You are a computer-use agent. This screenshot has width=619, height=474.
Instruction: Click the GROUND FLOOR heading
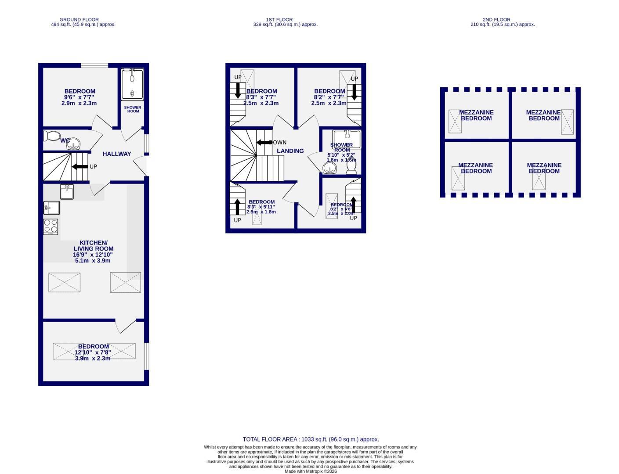pyautogui.click(x=79, y=20)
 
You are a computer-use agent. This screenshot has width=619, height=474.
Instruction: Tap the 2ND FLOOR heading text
pyautogui.click(x=496, y=20)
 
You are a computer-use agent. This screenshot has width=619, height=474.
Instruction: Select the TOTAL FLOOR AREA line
pyautogui.click(x=311, y=439)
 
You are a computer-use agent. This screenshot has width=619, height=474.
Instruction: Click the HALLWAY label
pyautogui.click(x=117, y=154)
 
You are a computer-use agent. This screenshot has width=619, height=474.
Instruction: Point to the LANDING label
pyautogui.click(x=290, y=151)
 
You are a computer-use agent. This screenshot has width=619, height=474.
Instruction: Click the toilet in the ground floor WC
pyautogui.click(x=52, y=136)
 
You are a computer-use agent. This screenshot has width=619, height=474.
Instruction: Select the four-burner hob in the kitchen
pyautogui.click(x=51, y=226)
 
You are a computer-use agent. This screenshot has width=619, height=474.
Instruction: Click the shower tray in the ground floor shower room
pyautogui.click(x=132, y=84)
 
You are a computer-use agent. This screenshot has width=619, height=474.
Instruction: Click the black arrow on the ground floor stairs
pyautogui.click(x=80, y=167)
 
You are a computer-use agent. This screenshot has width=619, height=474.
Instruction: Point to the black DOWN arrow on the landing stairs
pyautogui.click(x=264, y=143)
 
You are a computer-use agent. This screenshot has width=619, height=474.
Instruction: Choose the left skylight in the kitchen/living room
pyautogui.click(x=64, y=282)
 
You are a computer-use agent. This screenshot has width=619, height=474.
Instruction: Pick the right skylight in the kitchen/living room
pyautogui.click(x=125, y=282)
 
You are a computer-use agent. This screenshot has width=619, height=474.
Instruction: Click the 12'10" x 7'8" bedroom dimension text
pyautogui.click(x=93, y=352)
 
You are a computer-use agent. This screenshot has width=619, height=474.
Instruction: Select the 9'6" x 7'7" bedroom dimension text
pyautogui.click(x=79, y=97)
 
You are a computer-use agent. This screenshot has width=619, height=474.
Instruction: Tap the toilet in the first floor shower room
pyautogui.click(x=351, y=165)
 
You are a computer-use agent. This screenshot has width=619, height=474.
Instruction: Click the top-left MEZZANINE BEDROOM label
pyautogui.click(x=476, y=115)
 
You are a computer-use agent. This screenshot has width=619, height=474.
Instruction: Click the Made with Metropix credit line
pyautogui.click(x=311, y=471)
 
